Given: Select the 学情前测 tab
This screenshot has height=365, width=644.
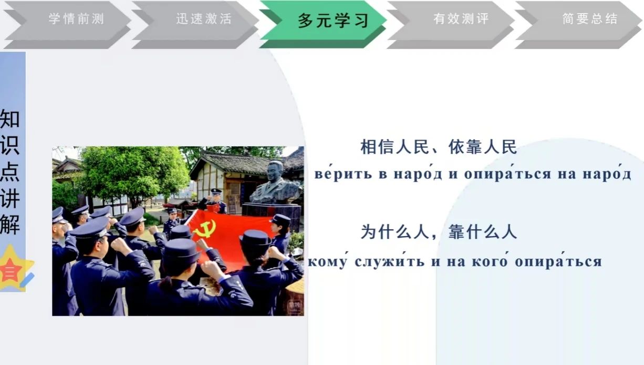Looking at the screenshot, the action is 68,25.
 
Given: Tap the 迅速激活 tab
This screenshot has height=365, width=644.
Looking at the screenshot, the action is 195,25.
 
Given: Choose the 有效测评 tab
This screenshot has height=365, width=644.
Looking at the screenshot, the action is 451,25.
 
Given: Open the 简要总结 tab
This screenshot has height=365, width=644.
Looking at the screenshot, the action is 578,25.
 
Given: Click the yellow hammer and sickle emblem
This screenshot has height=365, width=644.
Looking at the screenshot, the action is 204,229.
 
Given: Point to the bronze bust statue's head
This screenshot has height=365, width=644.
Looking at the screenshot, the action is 275,171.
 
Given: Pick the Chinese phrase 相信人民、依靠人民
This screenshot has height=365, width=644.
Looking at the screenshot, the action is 439,147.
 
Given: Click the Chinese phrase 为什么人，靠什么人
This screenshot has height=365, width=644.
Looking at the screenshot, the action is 439,232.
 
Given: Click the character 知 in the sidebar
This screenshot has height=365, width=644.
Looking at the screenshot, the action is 10,118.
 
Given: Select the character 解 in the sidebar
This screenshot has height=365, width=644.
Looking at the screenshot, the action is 10,224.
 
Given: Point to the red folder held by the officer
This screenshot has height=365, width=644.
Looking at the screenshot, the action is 213,207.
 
